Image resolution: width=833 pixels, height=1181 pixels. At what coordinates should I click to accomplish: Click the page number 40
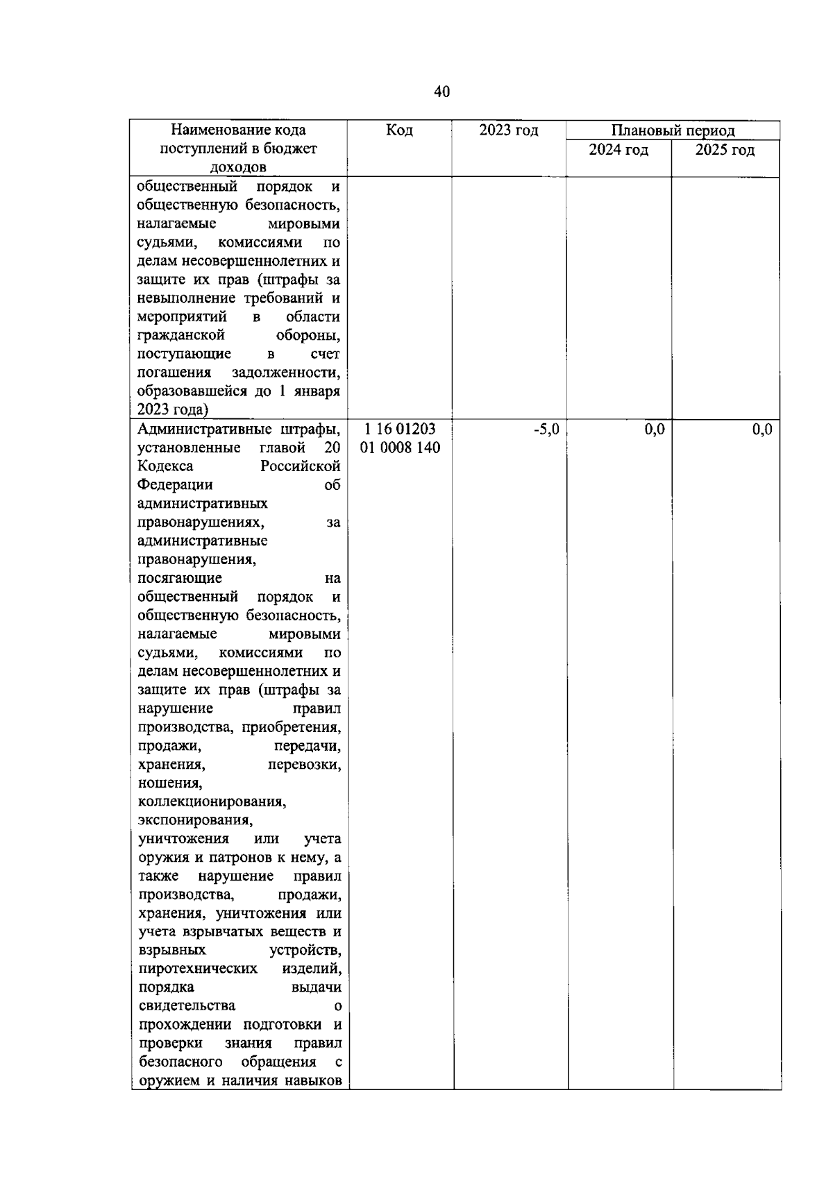(442, 92)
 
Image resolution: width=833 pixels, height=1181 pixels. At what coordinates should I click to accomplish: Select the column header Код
(399, 130)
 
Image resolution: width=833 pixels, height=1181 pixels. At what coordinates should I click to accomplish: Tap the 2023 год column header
(509, 130)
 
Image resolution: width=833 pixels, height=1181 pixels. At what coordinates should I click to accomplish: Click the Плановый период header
(673, 130)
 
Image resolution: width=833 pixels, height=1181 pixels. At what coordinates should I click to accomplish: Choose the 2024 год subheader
(619, 150)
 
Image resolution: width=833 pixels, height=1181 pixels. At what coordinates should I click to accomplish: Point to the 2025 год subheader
(725, 150)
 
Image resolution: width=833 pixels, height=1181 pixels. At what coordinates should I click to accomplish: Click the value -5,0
(546, 430)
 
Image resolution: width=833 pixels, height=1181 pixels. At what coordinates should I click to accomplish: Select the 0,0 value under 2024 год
(655, 430)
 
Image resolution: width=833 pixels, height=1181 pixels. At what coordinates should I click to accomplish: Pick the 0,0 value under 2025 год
(762, 430)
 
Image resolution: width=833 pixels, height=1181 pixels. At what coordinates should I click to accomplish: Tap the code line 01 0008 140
(401, 448)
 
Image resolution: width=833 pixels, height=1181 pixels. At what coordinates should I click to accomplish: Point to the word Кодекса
(166, 466)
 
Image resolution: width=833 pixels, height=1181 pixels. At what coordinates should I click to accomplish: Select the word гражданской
(181, 336)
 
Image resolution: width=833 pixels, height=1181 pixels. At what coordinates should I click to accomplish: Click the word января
(316, 391)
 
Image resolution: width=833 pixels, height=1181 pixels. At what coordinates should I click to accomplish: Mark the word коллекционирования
(212, 802)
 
